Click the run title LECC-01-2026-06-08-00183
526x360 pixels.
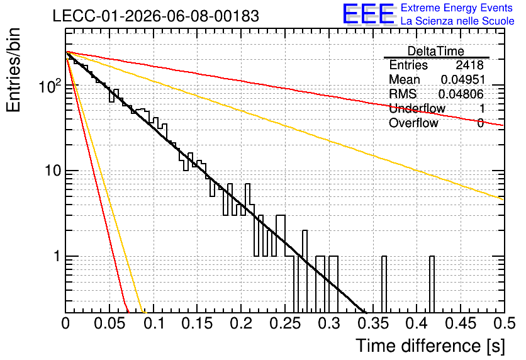(156, 16)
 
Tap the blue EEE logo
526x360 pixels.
(368, 14)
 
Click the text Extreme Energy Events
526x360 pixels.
(457, 8)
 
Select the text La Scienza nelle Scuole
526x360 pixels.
(457, 21)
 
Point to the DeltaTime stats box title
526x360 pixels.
(436, 51)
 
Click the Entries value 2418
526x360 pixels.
(469, 65)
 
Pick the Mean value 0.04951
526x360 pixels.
(463, 79)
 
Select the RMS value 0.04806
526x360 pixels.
(461, 94)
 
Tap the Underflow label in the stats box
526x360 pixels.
(417, 108)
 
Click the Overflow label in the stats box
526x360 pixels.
(413, 123)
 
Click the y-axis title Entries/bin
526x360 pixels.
(13, 70)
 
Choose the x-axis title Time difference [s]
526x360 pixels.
(430, 346)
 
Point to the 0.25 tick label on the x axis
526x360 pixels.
(285, 323)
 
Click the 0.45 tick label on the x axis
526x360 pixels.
(461, 323)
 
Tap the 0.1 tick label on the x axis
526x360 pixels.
(154, 323)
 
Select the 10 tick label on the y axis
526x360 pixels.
(53, 171)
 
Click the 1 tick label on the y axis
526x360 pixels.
(57, 256)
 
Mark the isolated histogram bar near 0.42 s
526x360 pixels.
(432, 284)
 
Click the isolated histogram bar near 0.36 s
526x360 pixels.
(384, 284)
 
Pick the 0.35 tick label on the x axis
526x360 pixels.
(373, 323)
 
